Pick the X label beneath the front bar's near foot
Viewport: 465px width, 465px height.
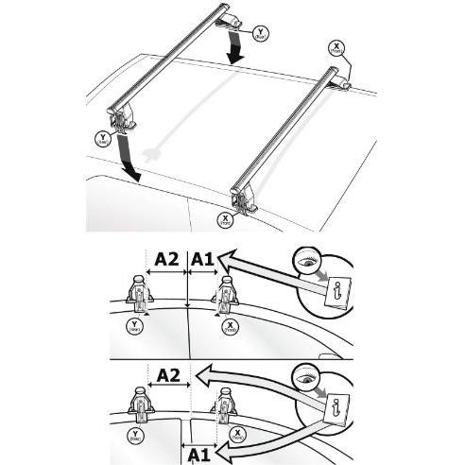click(225, 218)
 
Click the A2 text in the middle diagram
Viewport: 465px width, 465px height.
click(167, 257)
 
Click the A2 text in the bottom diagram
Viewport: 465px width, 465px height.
click(168, 375)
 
